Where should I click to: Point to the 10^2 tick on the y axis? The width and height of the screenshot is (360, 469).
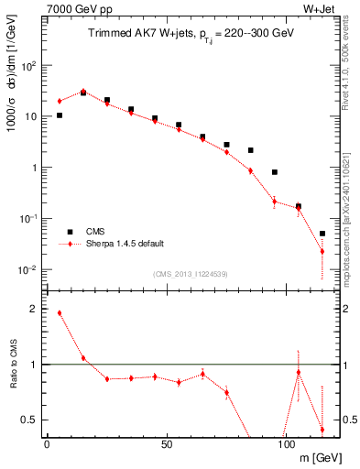29,66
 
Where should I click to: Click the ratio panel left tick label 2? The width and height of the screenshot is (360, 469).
33,310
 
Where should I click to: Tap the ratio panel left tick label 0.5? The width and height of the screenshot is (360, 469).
29,420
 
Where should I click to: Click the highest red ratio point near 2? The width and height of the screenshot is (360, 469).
60,312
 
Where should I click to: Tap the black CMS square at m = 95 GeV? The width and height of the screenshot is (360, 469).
274,172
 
